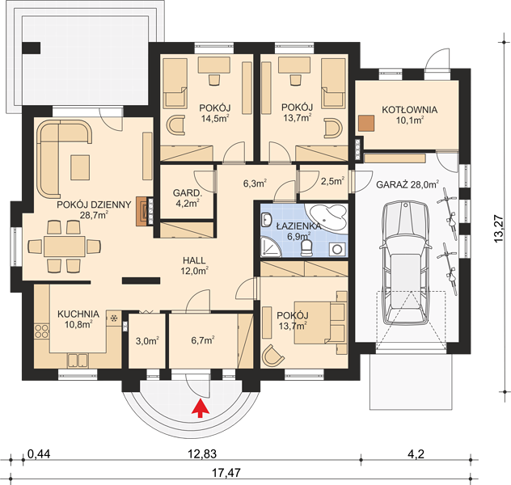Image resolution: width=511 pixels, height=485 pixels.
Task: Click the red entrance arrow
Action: (x=200, y=408)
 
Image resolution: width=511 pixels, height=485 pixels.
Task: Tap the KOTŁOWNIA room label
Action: (x=410, y=110)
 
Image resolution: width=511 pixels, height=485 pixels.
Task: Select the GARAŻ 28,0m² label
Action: (x=407, y=184)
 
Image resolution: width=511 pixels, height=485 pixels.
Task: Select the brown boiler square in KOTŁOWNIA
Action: (x=366, y=123)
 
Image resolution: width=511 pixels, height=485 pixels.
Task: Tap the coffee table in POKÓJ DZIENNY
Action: (x=80, y=167)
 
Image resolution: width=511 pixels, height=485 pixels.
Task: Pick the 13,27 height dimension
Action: (x=499, y=231)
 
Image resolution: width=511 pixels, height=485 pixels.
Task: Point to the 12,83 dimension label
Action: (x=202, y=453)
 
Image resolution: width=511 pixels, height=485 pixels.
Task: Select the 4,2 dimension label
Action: (x=416, y=453)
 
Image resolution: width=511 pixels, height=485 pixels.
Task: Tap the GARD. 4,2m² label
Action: (x=188, y=198)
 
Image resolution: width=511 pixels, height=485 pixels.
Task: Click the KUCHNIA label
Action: (x=78, y=314)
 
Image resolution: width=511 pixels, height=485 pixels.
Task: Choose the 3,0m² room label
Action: (x=147, y=341)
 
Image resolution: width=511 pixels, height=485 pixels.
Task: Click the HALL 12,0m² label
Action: (x=194, y=265)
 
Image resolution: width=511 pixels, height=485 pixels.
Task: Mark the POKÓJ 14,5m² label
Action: (x=215, y=112)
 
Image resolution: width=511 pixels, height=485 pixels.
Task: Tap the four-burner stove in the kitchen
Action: (x=42, y=331)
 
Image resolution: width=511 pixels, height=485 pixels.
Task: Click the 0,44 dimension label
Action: (x=39, y=453)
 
